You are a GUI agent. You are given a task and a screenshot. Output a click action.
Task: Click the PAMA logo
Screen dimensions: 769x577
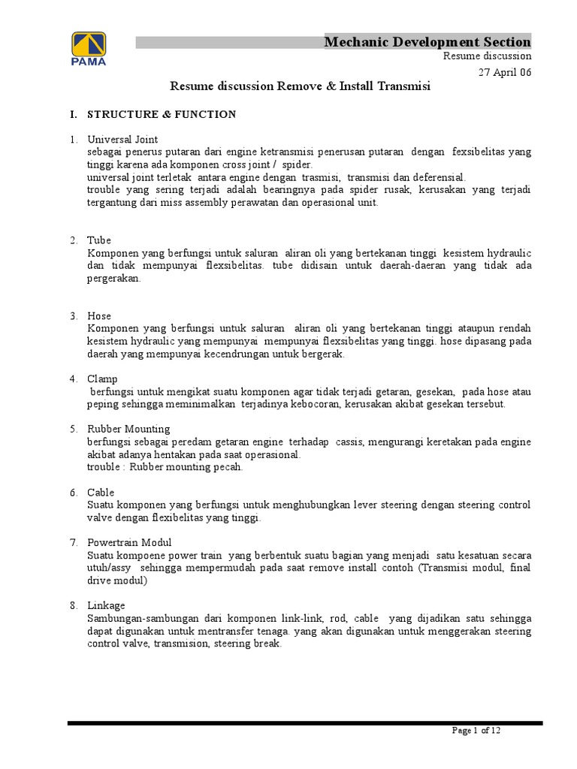coord(89,49)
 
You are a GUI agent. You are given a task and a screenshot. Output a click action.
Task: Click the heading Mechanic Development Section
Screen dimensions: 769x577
coord(427,41)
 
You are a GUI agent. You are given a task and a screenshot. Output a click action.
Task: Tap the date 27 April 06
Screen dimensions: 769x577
coord(506,71)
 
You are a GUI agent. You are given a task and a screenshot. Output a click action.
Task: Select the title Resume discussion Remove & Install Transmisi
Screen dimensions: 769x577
coord(300,86)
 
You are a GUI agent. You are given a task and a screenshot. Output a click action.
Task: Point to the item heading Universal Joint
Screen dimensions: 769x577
coord(122,140)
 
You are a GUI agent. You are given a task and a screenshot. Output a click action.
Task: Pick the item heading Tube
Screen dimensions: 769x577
coord(99,240)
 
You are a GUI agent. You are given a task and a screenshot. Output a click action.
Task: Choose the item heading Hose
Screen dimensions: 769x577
coord(99,316)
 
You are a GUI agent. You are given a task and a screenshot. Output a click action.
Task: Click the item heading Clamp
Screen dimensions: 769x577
coord(102,378)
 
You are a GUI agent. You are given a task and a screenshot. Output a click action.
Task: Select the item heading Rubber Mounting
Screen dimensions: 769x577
coord(128,429)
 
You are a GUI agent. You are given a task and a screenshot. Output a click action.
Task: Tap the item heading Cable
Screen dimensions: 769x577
coord(101,492)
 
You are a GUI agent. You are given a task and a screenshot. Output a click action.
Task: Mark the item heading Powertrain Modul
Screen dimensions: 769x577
coord(129,542)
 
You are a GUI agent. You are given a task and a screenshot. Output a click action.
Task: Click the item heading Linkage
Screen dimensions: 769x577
coord(106,605)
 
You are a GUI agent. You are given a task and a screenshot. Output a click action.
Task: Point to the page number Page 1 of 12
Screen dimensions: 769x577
coord(476,731)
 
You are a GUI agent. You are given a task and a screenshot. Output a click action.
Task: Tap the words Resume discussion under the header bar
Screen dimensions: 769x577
coord(487,56)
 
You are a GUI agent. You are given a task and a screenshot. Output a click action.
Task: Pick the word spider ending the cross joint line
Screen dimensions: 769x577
coord(297,164)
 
